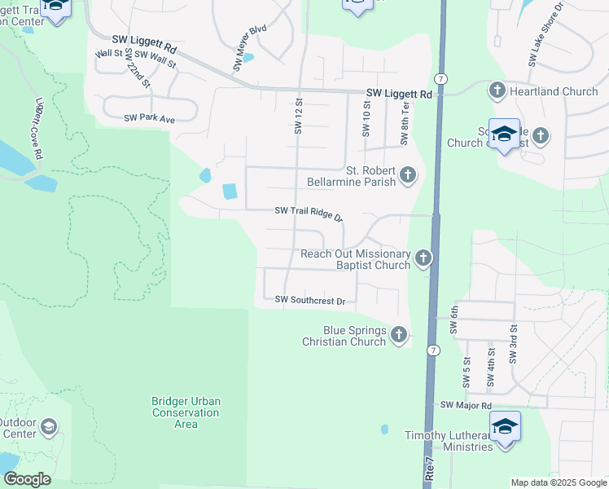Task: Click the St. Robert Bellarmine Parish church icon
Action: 407,175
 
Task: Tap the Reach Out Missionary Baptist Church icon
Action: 423,259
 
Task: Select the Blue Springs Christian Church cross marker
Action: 399,335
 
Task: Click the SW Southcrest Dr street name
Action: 310,301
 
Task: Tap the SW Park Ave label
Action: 150,119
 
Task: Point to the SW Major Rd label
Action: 467,405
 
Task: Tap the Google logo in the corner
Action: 27,479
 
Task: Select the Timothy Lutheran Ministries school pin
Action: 505,427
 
